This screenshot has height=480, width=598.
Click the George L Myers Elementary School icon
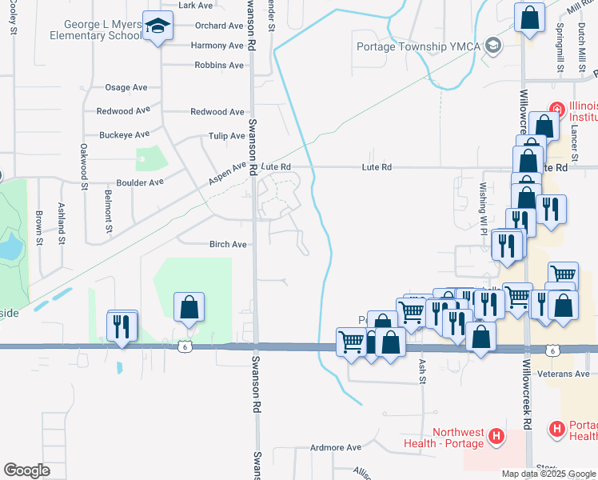[158, 26]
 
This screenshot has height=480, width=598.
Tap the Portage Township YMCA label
[417, 46]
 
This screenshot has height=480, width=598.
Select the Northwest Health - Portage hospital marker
[497, 437]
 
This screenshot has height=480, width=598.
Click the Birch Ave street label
[228, 245]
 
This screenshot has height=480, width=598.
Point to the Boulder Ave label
[140, 182]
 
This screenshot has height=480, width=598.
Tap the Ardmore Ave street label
[337, 447]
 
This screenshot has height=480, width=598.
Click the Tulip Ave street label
[226, 136]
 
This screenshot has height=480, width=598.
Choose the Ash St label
[421, 371]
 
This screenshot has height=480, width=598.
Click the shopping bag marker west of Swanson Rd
[189, 307]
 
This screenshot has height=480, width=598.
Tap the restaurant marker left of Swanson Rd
[122, 326]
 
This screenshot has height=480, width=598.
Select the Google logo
[27, 470]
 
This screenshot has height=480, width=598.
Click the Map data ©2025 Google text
[548, 474]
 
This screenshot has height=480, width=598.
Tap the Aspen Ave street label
[229, 171]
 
